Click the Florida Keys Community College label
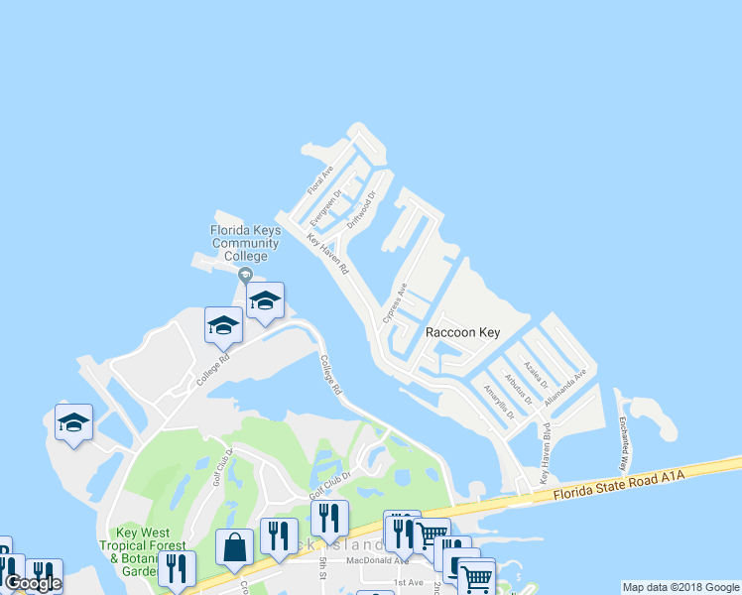[x=245, y=243]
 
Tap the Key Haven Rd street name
[x=327, y=255]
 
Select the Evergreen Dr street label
[x=324, y=205]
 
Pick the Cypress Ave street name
[x=395, y=302]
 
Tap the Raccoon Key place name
[x=462, y=333]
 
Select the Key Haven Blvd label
[x=545, y=453]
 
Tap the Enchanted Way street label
[x=623, y=442]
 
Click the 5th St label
[x=323, y=568]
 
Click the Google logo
[x=33, y=583]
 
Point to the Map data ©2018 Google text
[x=680, y=587]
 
